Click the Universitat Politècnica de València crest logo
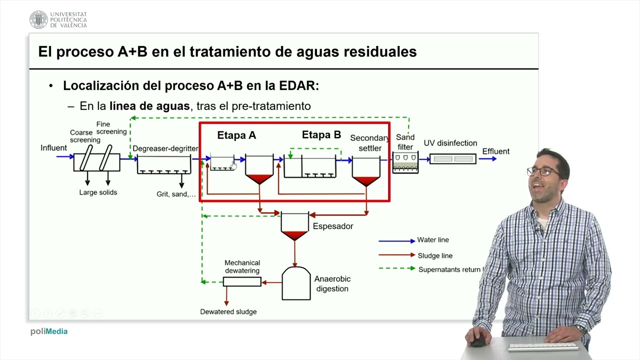[x=38, y=19]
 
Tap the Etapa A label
[x=236, y=135]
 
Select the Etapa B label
[x=321, y=134]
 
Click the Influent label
[x=53, y=147]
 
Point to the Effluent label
[x=495, y=151]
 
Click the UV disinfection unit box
[x=453, y=159]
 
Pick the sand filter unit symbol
[x=405, y=162]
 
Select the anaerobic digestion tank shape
[x=296, y=283]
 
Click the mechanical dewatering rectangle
[x=242, y=281]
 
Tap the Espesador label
[x=333, y=226]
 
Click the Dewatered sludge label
[x=228, y=311]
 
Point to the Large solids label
[x=98, y=192]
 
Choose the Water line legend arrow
[x=397, y=241]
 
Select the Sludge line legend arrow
[x=397, y=254]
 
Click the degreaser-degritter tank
[x=164, y=164]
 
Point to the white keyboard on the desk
[x=543, y=346]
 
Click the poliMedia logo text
[x=49, y=331]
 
